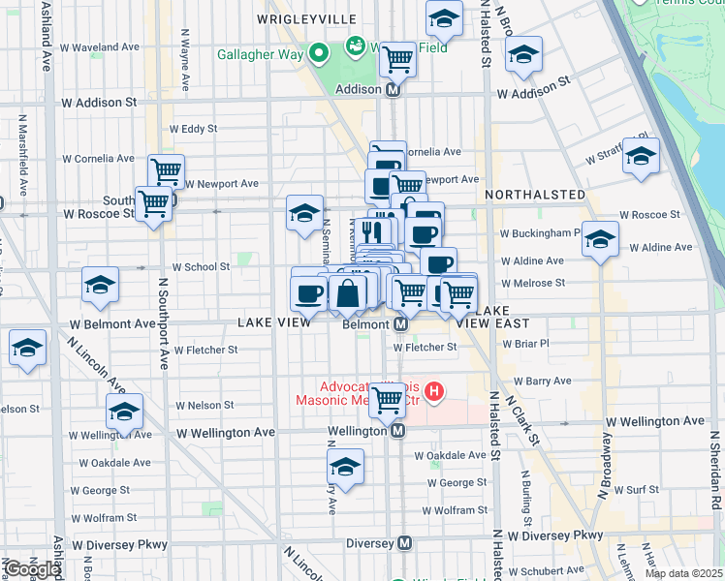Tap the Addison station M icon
(394, 89)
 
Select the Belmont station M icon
(399, 325)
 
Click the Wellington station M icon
(396, 432)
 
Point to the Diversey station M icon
(405, 543)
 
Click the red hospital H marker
(434, 392)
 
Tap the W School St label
(201, 266)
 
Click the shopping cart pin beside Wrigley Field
(397, 59)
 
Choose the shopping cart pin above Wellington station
(388, 398)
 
